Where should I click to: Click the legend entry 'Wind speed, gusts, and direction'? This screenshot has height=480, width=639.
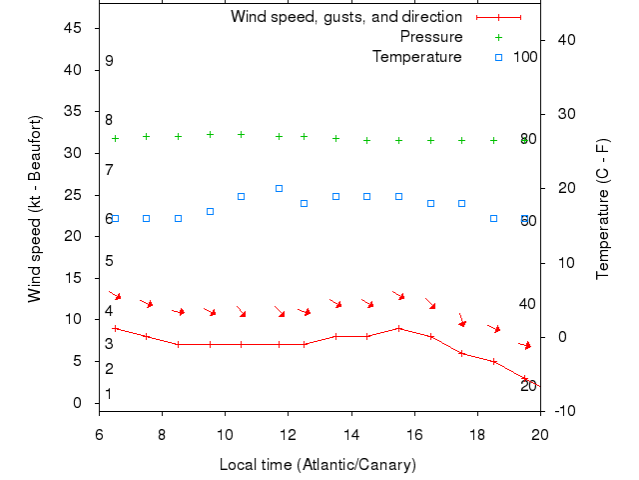(x=345, y=17)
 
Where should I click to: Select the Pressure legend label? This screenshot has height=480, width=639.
(x=431, y=37)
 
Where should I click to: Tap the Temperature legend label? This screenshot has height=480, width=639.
(x=416, y=57)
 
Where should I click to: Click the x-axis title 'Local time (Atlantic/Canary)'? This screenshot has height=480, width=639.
(x=318, y=465)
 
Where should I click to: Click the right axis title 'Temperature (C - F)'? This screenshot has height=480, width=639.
(x=602, y=209)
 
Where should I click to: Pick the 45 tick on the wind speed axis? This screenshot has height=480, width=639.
(x=73, y=28)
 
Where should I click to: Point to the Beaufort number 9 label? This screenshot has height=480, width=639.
(x=109, y=61)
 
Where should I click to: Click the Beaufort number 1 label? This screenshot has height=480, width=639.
(x=109, y=394)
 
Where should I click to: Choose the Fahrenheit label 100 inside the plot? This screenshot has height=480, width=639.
(x=525, y=57)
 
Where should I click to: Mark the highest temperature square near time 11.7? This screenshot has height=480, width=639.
(x=279, y=188)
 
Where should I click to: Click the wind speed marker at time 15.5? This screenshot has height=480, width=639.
(x=398, y=328)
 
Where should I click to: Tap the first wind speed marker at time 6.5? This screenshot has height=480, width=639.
(x=115, y=328)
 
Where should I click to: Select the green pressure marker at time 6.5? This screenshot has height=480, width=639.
(x=115, y=138)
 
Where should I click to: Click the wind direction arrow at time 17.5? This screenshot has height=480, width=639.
(x=461, y=320)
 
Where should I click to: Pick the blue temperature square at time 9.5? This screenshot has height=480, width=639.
(x=210, y=211)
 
